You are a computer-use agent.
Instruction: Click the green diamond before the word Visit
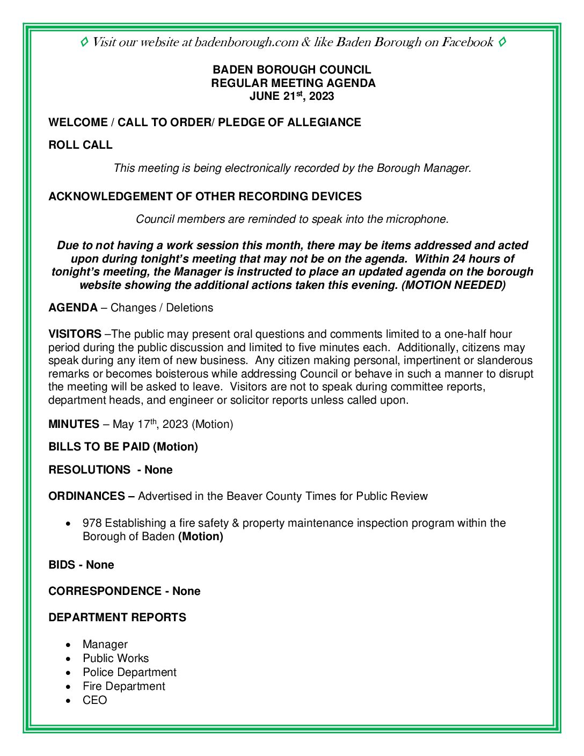point(84,42)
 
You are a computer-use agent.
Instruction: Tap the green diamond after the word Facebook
point(502,42)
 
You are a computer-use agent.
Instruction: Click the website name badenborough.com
point(246,42)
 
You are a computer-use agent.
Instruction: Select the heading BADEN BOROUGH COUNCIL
point(291,70)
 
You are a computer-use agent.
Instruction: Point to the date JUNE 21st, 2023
point(291,97)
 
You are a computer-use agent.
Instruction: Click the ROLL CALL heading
point(81,145)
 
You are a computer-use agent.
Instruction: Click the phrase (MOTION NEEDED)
point(454,285)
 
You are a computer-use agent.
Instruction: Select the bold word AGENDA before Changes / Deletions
point(73,308)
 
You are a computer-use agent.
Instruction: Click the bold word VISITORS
point(75,334)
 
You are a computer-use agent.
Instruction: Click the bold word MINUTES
point(74,424)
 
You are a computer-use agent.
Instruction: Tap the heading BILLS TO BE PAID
point(99,447)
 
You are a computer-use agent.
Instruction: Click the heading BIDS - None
point(81,565)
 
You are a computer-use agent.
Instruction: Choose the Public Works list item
point(115,658)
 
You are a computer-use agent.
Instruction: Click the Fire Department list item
point(124,686)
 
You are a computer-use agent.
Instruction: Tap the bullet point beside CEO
point(68,701)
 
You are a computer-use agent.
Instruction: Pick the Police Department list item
point(129,672)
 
